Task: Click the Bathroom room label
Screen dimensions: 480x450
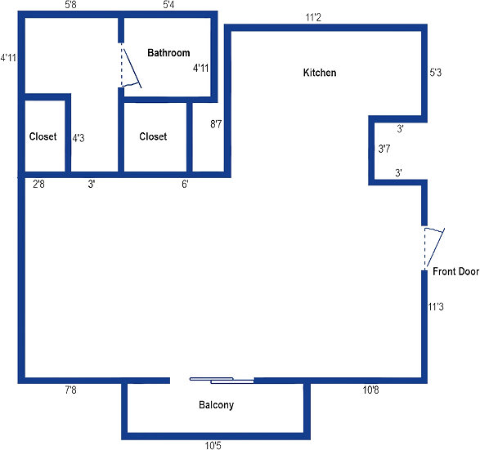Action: pyautogui.click(x=168, y=53)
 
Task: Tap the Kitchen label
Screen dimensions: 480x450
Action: pyautogui.click(x=320, y=73)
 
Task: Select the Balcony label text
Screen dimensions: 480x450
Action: pyautogui.click(x=217, y=405)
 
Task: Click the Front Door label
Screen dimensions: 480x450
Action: pyautogui.click(x=455, y=271)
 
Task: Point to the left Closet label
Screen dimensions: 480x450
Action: pyautogui.click(x=43, y=136)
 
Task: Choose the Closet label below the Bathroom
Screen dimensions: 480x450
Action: pyautogui.click(x=153, y=136)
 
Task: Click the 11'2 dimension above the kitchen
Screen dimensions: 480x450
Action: pyautogui.click(x=313, y=18)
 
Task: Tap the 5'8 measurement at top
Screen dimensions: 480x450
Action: pyautogui.click(x=70, y=5)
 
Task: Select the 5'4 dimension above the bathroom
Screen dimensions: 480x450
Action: pyautogui.click(x=168, y=5)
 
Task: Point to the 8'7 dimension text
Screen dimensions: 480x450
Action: pyautogui.click(x=216, y=124)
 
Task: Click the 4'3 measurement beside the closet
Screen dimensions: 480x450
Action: pyautogui.click(x=79, y=138)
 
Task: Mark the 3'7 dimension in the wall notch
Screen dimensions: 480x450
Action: pyautogui.click(x=384, y=149)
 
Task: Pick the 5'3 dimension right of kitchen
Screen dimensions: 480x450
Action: pyautogui.click(x=436, y=73)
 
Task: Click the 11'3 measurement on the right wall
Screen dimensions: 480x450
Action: pyautogui.click(x=436, y=306)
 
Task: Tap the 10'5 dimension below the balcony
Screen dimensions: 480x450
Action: pyautogui.click(x=213, y=446)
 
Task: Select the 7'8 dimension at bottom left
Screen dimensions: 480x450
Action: pyautogui.click(x=70, y=390)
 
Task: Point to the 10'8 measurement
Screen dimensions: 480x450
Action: pyautogui.click(x=370, y=390)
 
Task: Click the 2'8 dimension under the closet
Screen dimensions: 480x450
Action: pyautogui.click(x=38, y=184)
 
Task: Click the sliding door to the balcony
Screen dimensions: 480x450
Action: pyautogui.click(x=222, y=381)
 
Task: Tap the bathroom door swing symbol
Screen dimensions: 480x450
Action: pyautogui.click(x=131, y=65)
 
